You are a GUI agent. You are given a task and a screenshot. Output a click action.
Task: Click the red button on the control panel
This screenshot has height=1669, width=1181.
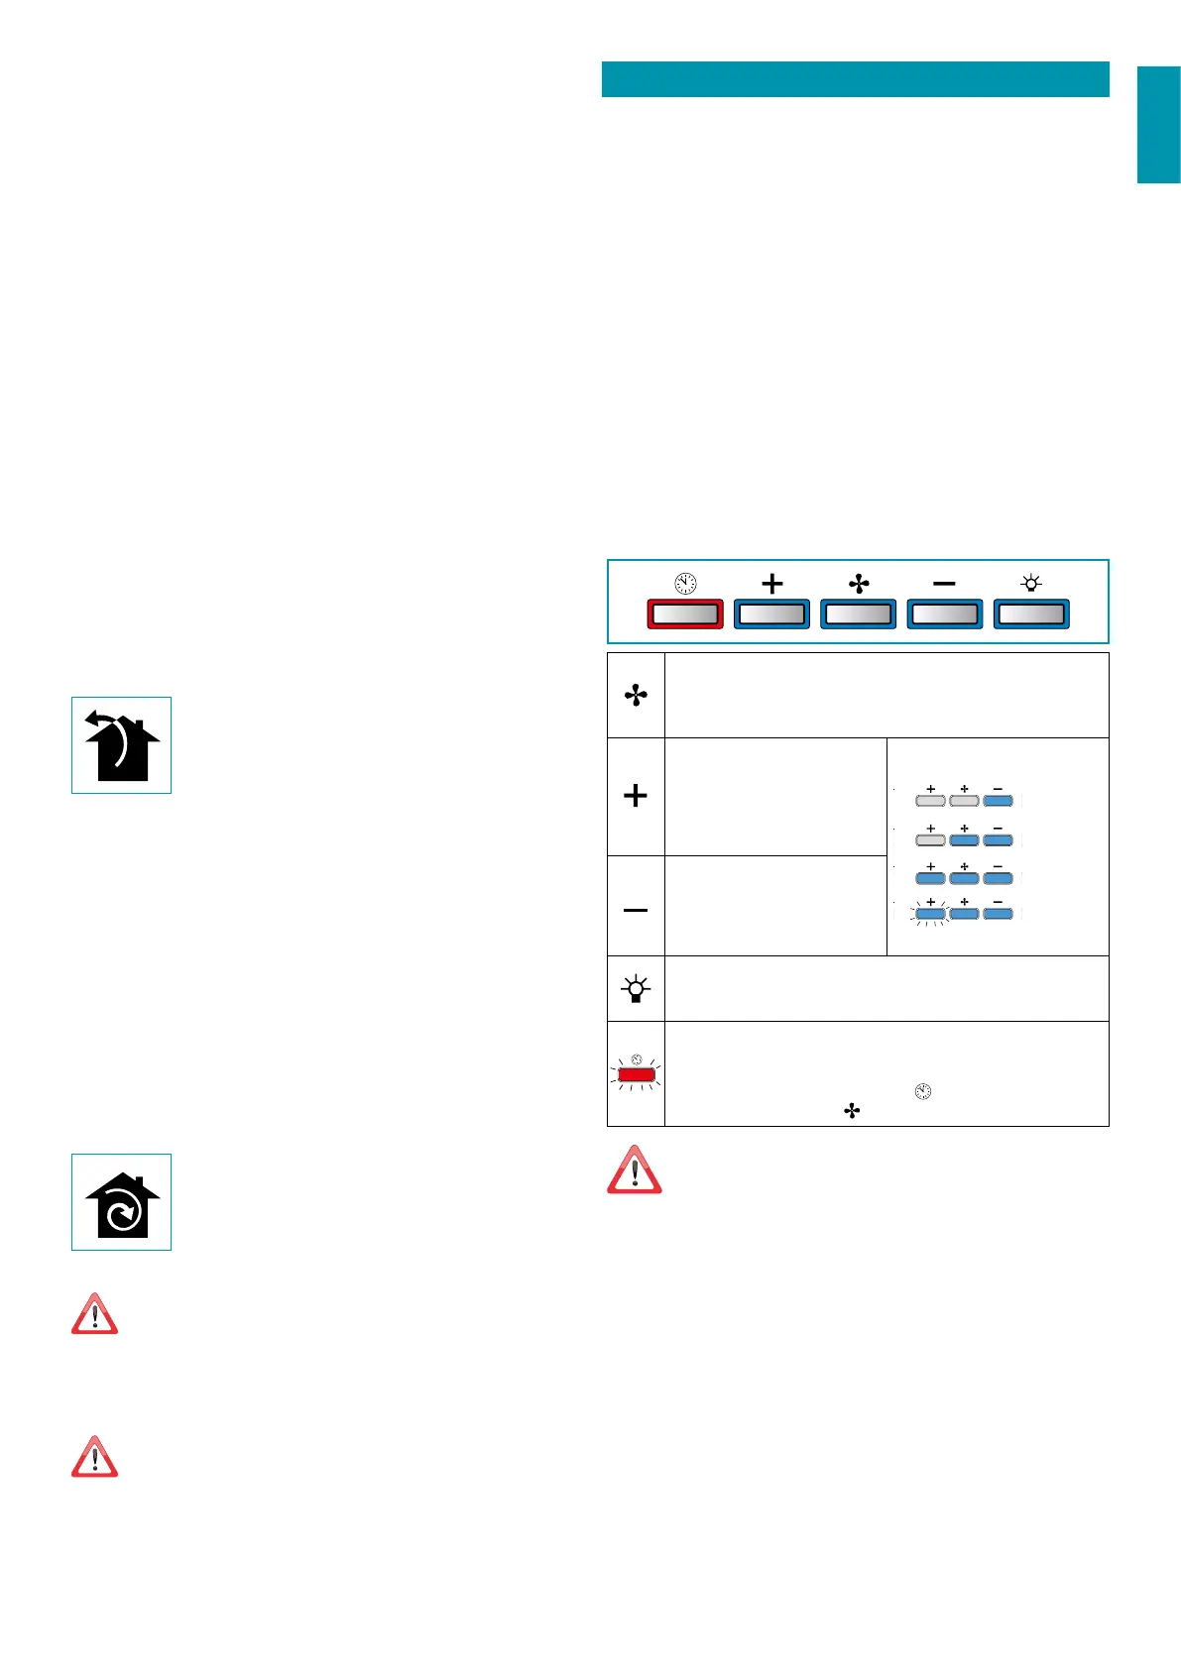[684, 614]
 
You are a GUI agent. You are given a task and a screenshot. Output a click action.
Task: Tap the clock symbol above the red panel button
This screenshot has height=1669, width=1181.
[685, 584]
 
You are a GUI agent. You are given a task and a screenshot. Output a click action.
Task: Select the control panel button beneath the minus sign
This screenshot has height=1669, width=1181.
[944, 614]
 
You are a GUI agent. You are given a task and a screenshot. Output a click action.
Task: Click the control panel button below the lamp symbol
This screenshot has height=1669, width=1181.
[1031, 614]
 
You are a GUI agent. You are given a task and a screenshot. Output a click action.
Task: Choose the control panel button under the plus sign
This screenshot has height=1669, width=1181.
[771, 614]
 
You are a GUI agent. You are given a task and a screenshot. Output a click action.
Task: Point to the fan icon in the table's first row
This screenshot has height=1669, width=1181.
[636, 696]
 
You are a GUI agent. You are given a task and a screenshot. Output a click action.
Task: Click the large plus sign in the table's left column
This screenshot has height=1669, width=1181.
[636, 796]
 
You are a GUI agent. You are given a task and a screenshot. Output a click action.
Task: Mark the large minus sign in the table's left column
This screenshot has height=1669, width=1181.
[636, 909]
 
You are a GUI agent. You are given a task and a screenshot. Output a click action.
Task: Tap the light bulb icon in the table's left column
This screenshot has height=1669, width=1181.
[636, 988]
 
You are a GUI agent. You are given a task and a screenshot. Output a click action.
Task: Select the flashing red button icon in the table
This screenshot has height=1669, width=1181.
[636, 1074]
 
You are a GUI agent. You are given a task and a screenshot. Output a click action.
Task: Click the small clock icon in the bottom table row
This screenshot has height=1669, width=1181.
[923, 1092]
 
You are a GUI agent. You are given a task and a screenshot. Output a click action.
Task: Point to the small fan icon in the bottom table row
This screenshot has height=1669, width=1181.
[852, 1112]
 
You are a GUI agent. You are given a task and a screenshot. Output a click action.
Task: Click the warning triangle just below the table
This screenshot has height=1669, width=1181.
[635, 1170]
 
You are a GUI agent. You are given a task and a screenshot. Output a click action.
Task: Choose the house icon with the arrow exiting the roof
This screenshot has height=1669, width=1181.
[121, 745]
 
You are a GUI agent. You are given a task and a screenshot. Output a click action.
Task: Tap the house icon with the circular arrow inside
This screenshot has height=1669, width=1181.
[121, 1202]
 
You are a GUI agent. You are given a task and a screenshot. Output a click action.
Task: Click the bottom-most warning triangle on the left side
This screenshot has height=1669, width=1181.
[95, 1458]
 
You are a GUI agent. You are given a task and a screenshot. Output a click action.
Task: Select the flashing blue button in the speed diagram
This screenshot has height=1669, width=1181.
[930, 914]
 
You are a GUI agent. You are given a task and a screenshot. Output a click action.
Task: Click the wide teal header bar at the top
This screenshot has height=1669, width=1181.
[855, 79]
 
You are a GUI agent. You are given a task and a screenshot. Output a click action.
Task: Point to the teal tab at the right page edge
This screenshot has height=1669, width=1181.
[1158, 125]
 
